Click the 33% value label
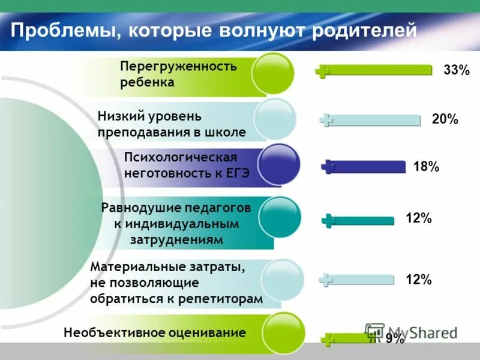coord(456,71)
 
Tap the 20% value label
coord(445,120)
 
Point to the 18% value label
coord(426,167)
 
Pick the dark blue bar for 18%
coord(366,167)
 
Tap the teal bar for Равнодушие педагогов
coord(360,220)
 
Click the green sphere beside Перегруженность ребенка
coord(272,74)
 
